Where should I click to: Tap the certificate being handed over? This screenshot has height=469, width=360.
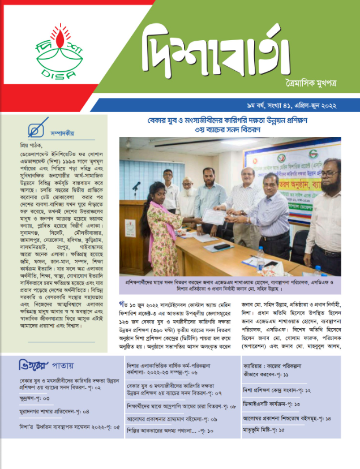point(213,216)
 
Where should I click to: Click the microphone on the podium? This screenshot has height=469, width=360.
point(136,186)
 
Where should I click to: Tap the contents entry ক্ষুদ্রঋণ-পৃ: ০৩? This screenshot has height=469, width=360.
point(35,399)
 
